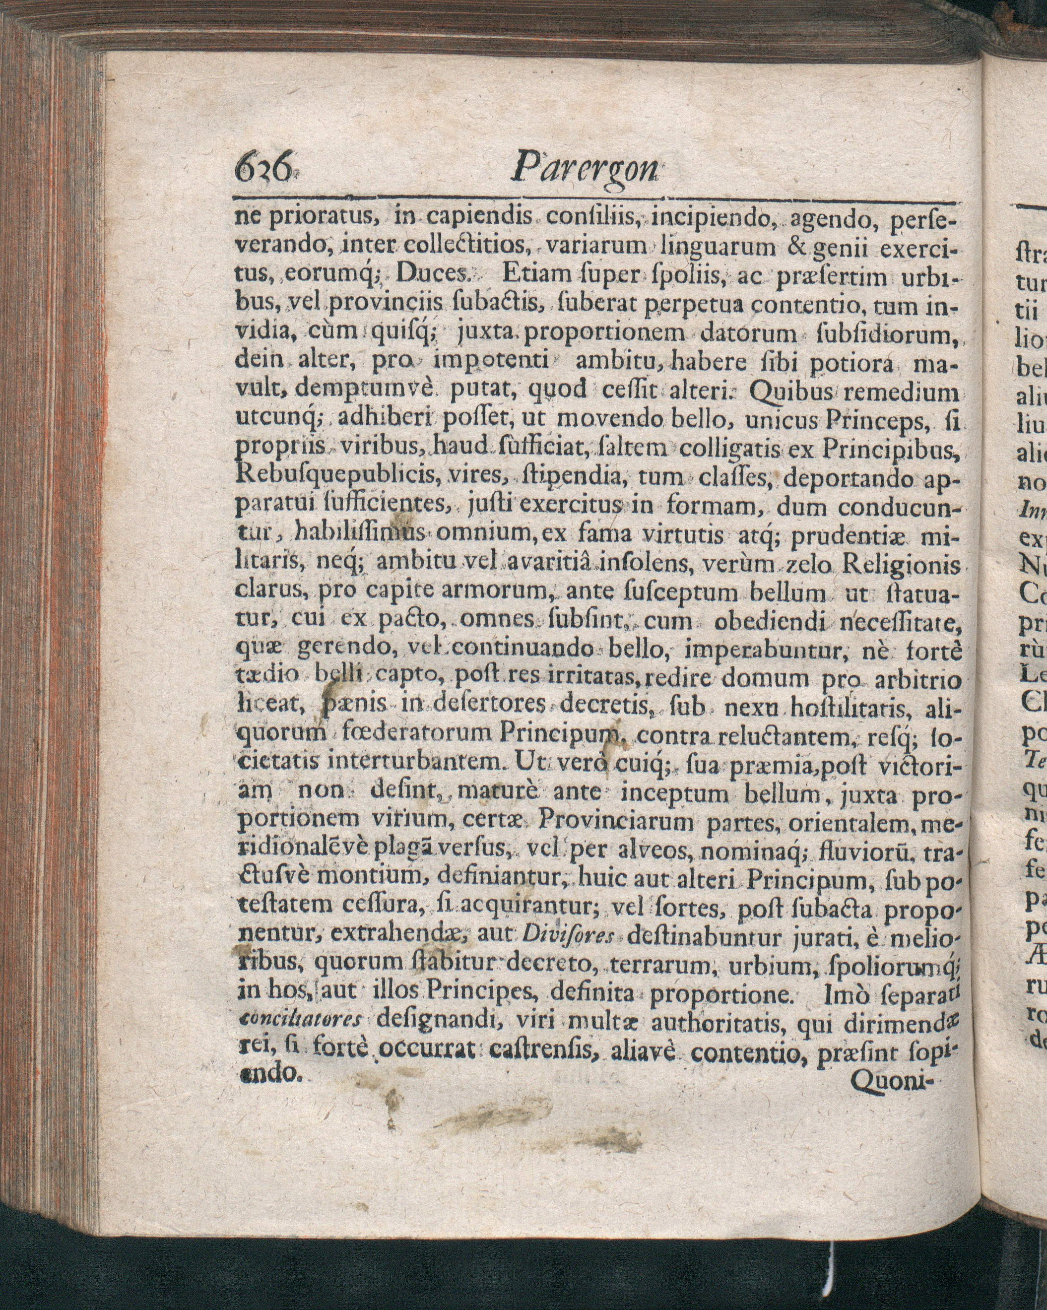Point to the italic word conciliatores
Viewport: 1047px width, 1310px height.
[301, 1020]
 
